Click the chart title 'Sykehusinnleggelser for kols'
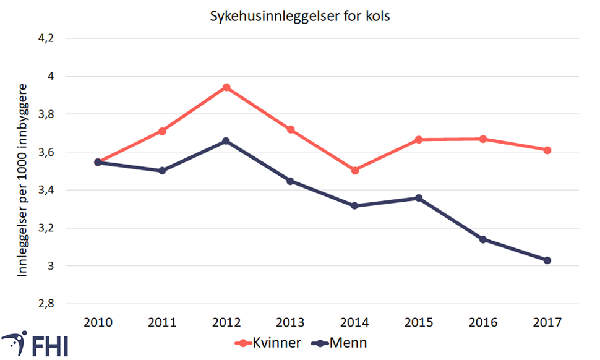[x=300, y=15]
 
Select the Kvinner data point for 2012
[x=226, y=87]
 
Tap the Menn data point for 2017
[x=547, y=260]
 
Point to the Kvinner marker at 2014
[x=355, y=170]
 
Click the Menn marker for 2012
[x=226, y=141]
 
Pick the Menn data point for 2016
[x=483, y=239]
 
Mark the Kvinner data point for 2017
[x=547, y=150]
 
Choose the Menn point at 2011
[x=162, y=170]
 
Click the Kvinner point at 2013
[x=291, y=129]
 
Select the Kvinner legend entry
[x=268, y=342]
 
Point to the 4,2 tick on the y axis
[x=46, y=38]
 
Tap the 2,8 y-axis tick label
[x=46, y=304]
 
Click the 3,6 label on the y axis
[x=46, y=152]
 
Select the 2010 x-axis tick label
[x=98, y=322]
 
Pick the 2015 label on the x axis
[x=419, y=322]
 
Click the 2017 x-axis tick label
[x=547, y=322]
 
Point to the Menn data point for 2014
[x=355, y=205]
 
